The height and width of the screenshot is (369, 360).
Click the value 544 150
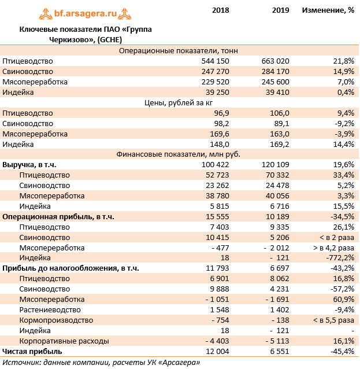pos(215,61)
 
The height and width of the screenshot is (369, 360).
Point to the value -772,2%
pos(339,259)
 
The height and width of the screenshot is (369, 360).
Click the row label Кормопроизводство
pos(56,320)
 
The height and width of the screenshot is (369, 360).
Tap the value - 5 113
pos(275,341)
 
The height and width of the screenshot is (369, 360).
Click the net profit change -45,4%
pos(341,352)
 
